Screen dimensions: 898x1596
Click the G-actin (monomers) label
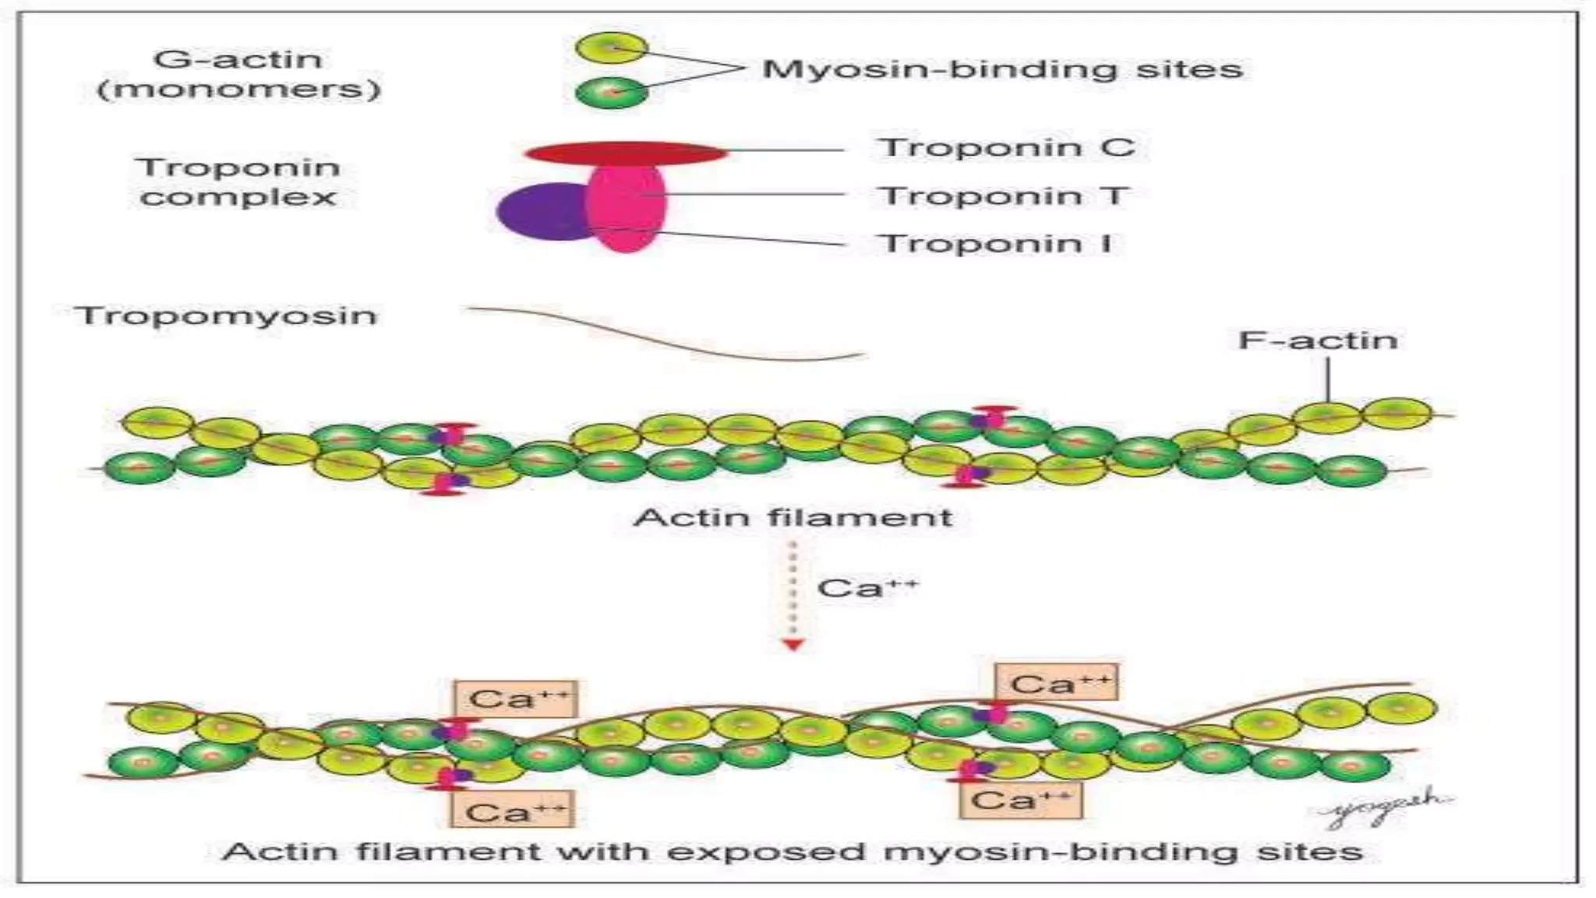tap(238, 74)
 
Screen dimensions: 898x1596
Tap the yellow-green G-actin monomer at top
tap(612, 49)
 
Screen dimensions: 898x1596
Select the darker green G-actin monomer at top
tap(612, 93)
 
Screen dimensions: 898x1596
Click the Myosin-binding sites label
tap(1001, 69)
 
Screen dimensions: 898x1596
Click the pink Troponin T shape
tap(627, 210)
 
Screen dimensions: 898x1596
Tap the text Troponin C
tap(1005, 147)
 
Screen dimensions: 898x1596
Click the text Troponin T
tap(1004, 196)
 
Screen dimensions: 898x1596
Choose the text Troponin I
tap(995, 244)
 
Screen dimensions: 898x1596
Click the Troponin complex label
tap(238, 182)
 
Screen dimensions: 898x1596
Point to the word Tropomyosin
tap(226, 316)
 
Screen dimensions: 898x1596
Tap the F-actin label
tap(1318, 341)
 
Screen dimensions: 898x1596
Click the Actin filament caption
tap(793, 518)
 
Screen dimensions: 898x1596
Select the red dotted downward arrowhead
tap(793, 645)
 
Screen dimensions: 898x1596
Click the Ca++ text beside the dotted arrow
tap(867, 588)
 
